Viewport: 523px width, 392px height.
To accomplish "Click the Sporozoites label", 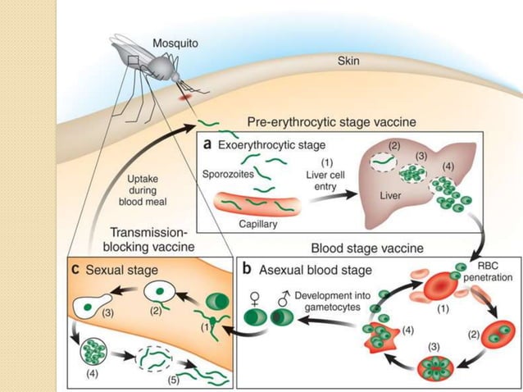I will [229, 174].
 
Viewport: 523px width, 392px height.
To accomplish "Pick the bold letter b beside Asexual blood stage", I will [248, 267].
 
